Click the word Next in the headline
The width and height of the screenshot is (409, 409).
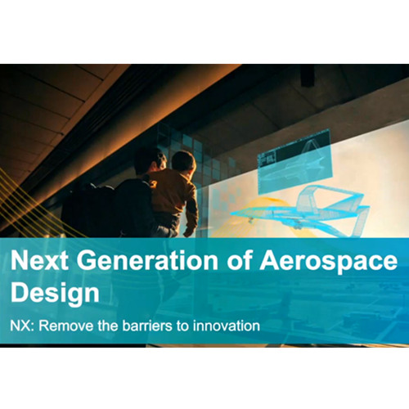pos(39,260)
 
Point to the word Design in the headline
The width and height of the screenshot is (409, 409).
pos(55,293)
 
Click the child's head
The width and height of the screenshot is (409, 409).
pos(183,161)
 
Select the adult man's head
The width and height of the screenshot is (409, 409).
pos(150,161)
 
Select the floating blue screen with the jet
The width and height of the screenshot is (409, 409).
pos(294,162)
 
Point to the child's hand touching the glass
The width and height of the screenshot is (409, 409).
pos(189,233)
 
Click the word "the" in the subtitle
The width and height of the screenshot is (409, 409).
pos(108,326)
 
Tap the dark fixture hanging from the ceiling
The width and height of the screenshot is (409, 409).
pos(308,75)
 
